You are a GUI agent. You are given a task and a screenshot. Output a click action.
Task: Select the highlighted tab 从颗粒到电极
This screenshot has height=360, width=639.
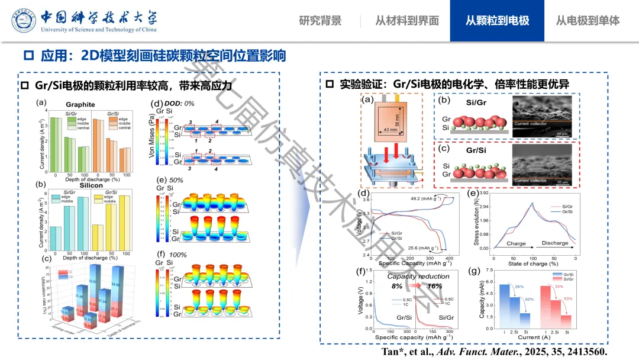pyautogui.click(x=497, y=21)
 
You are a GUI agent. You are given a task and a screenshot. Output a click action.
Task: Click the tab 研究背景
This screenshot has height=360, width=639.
pyautogui.click(x=320, y=21)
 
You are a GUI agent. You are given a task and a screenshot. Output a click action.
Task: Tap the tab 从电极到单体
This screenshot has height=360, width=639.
pyautogui.click(x=588, y=21)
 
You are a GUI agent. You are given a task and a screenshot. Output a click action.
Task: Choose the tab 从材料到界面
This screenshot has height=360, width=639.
pyautogui.click(x=407, y=21)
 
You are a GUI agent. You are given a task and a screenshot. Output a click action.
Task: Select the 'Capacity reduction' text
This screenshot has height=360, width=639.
pyautogui.click(x=418, y=277)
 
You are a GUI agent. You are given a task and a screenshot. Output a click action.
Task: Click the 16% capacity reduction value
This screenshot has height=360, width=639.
pyautogui.click(x=435, y=286)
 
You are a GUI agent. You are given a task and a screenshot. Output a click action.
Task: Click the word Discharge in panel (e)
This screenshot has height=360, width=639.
pyautogui.click(x=554, y=243)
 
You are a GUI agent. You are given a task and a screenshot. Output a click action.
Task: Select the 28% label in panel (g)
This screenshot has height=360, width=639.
pyautogui.click(x=519, y=287)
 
